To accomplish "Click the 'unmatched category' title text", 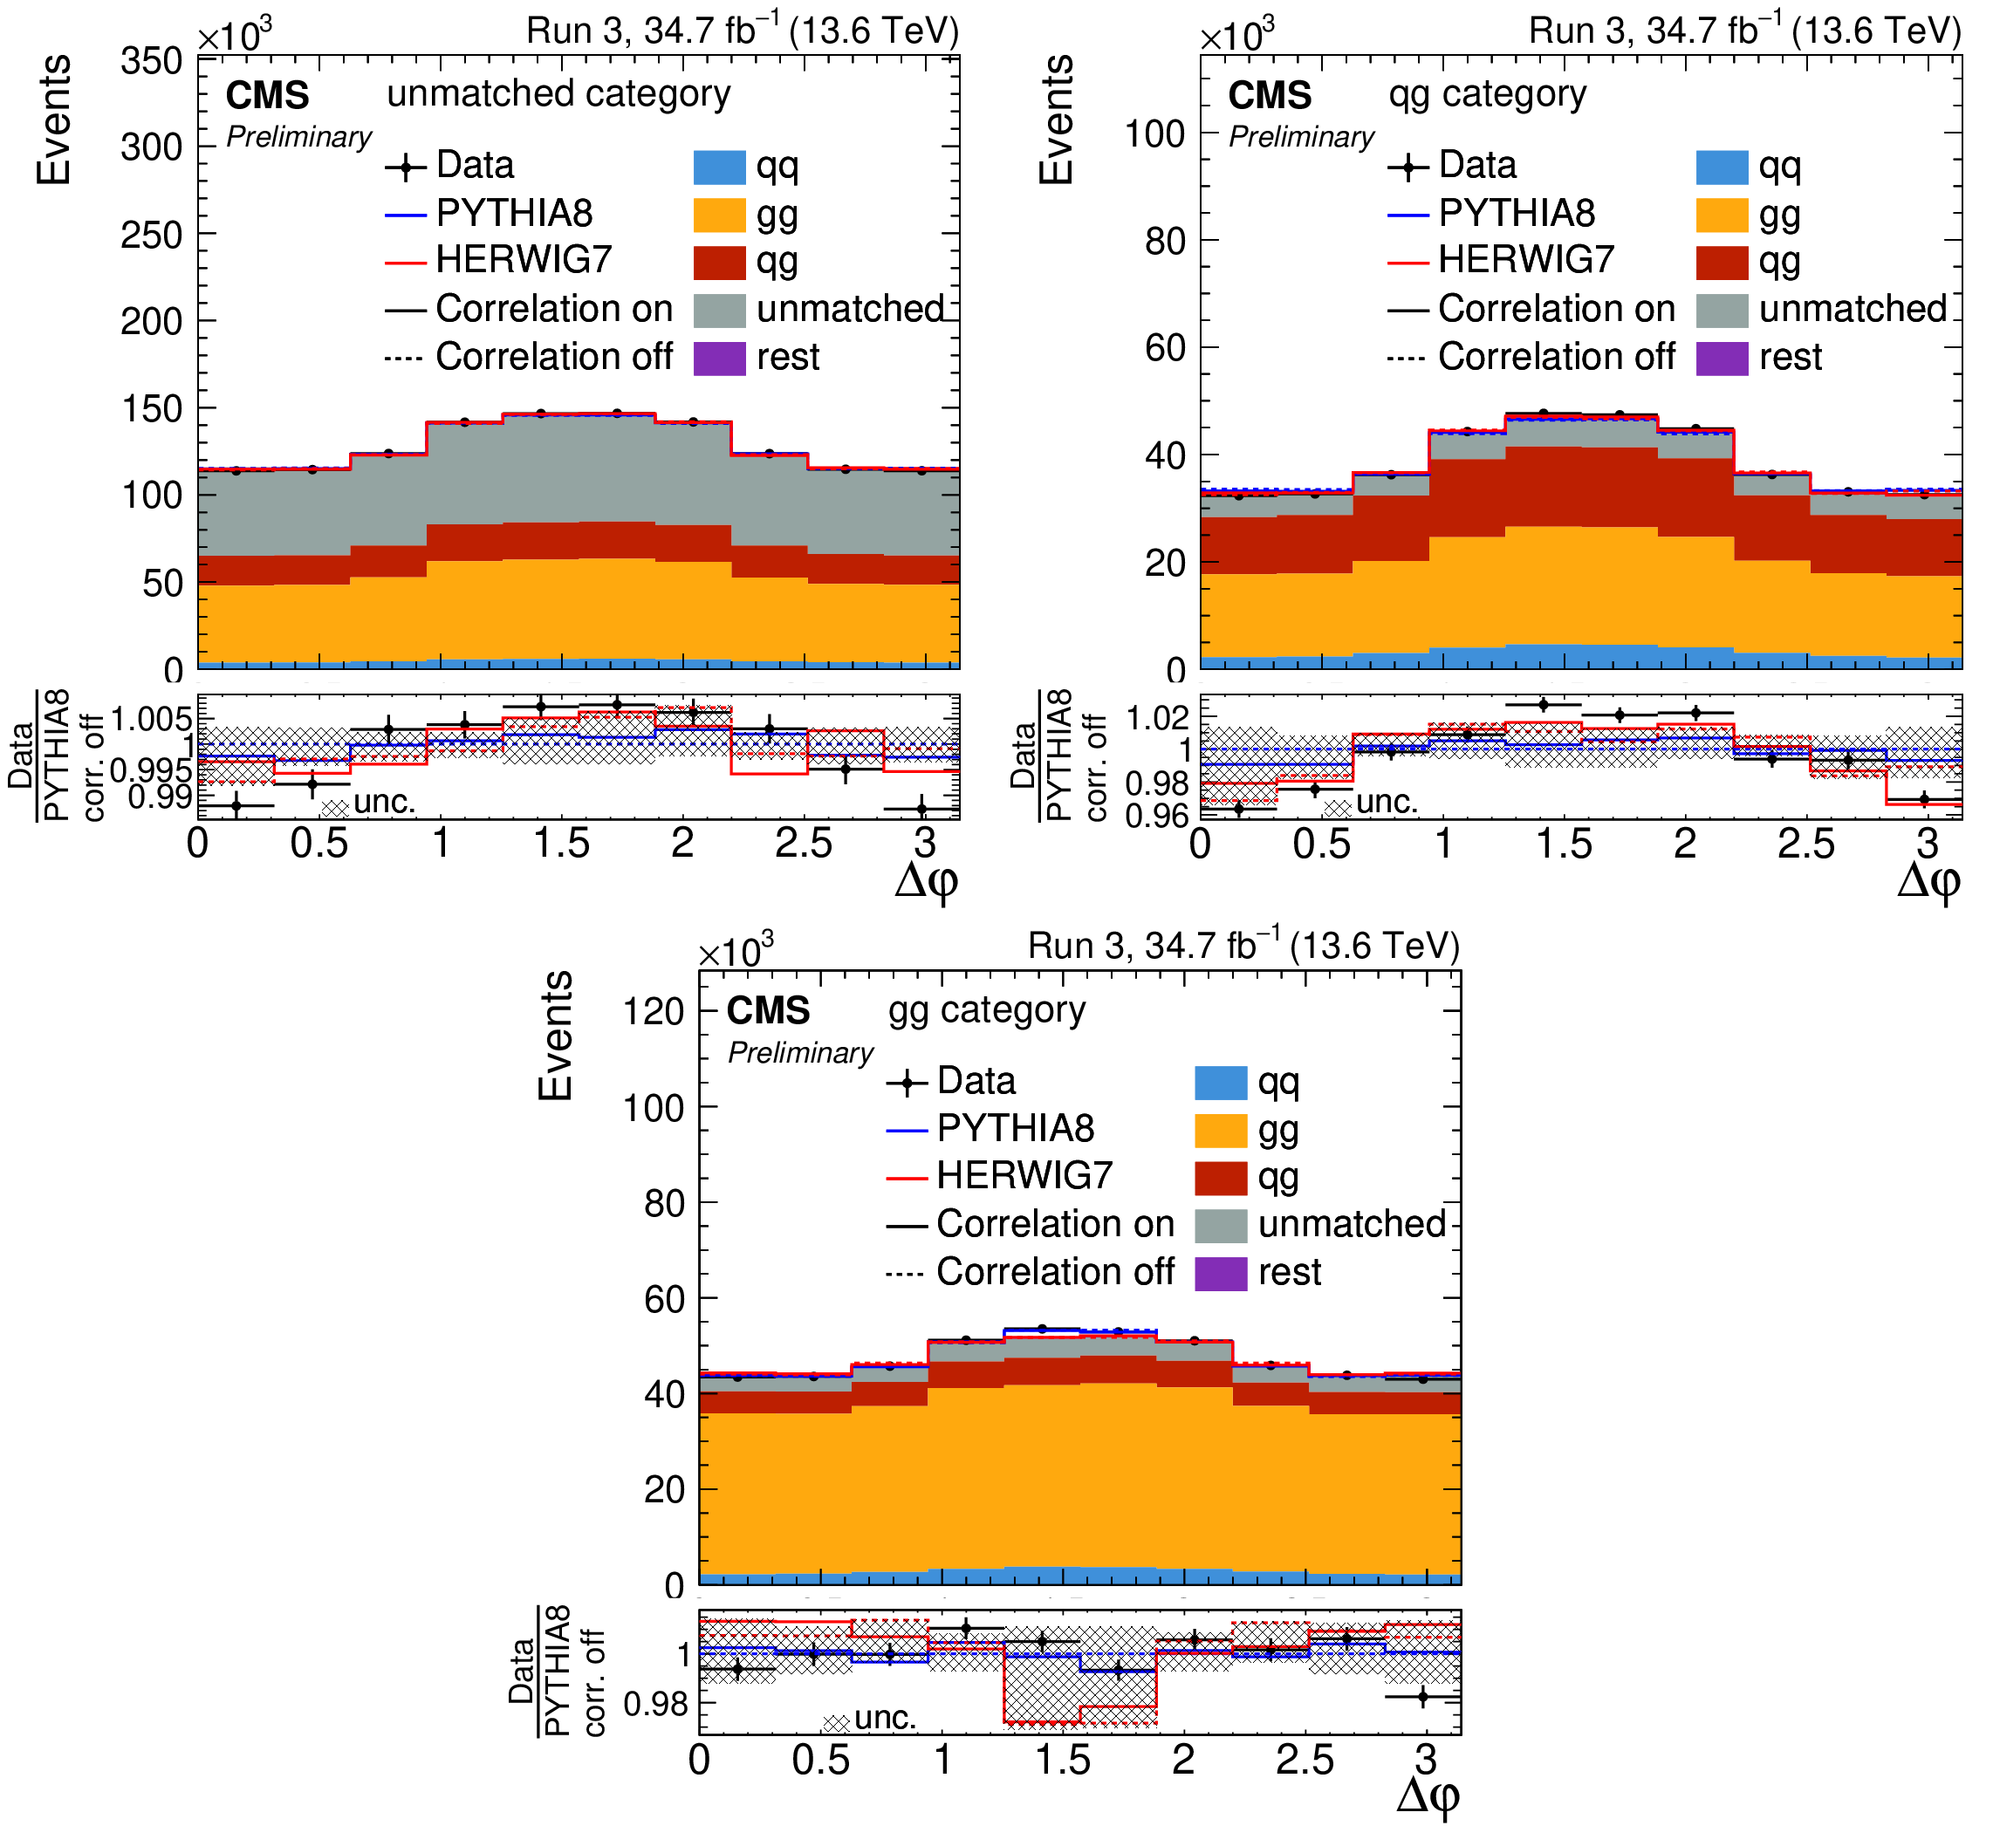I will (x=558, y=94).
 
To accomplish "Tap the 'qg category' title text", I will (x=1487, y=94).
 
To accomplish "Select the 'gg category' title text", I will (x=987, y=1009).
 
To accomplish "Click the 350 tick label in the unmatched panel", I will (x=151, y=61).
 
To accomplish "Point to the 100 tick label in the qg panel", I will (x=1154, y=133).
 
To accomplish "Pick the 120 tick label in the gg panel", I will (x=654, y=1011).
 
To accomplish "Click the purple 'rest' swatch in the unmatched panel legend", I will (x=719, y=357).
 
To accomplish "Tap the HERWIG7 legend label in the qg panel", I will (x=1525, y=260).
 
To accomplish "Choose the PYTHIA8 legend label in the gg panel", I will (x=1016, y=1128).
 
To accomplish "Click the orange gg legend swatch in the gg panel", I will (x=1220, y=1129).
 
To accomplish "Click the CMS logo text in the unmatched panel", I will (x=267, y=96).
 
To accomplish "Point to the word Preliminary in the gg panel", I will (x=800, y=1053).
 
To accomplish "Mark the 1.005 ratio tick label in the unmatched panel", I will (x=151, y=719).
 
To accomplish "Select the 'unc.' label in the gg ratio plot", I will (x=885, y=1717).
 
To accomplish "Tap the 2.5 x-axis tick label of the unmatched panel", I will (x=803, y=844).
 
